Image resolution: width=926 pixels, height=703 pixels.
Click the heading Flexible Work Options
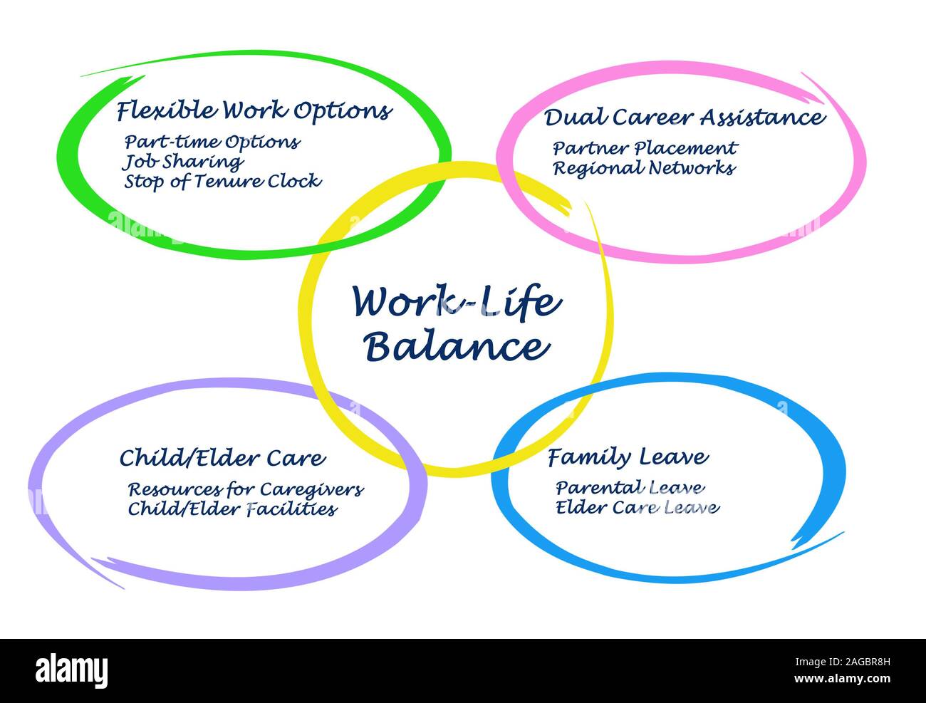point(254,111)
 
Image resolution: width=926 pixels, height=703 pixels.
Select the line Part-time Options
point(212,142)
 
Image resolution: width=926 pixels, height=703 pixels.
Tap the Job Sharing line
point(183,162)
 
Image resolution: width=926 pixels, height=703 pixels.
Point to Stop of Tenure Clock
point(223,182)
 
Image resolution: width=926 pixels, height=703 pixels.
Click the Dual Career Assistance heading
point(685,118)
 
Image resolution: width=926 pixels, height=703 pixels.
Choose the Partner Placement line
point(645,148)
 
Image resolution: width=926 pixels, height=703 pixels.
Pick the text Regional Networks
point(644,168)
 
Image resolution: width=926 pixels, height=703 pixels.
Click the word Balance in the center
point(457,347)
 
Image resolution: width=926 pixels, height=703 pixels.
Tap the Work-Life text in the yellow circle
point(457,302)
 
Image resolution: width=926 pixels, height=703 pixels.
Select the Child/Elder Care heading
point(222,458)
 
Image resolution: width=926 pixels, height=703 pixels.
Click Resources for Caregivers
point(246,489)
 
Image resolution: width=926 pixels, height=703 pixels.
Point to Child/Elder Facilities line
point(232,509)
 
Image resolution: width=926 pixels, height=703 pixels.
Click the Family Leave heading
point(628,458)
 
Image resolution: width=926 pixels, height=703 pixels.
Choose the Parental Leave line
point(630,488)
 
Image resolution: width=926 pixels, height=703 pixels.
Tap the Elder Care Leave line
point(638,507)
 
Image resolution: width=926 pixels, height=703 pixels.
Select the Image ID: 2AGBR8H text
point(843,662)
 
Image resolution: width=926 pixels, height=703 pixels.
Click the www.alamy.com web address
point(842,679)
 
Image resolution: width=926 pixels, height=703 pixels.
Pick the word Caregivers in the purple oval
point(312,490)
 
